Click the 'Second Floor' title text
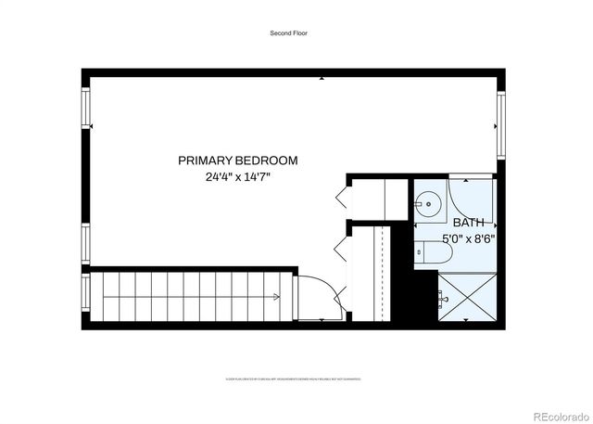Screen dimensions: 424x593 click(x=288, y=33)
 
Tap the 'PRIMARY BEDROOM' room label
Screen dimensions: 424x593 click(x=238, y=161)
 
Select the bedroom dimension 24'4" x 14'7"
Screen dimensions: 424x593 click(x=238, y=176)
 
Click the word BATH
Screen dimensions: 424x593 click(x=468, y=223)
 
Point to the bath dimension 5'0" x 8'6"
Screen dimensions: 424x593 click(x=468, y=238)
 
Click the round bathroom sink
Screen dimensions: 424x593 click(x=428, y=201)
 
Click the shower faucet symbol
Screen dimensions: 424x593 click(x=441, y=299)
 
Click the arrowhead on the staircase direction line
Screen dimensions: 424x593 click(x=277, y=297)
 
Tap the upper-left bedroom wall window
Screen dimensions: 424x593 click(x=87, y=109)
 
